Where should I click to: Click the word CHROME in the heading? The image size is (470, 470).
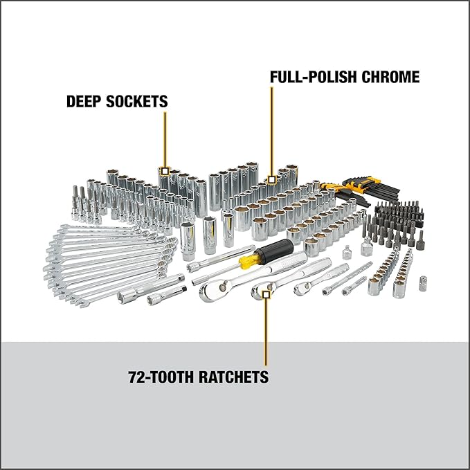click(393, 78)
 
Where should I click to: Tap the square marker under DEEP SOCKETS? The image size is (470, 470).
click(165, 170)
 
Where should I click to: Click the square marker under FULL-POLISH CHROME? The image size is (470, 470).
click(272, 179)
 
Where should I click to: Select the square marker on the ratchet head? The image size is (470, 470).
click(265, 294)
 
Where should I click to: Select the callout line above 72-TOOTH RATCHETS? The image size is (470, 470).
click(265, 332)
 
